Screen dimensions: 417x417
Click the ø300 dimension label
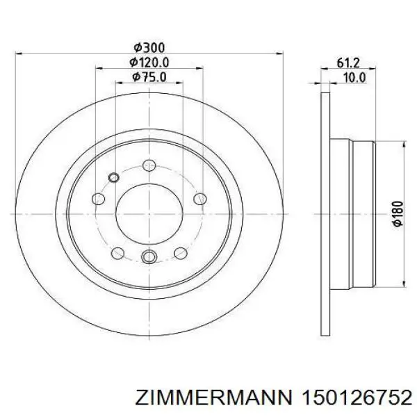coord(149,47)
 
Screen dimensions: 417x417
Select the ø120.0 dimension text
coord(149,63)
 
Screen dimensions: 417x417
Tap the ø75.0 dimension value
coord(149,77)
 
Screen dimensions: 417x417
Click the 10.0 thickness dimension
coord(354,77)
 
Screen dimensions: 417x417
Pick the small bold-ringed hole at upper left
coord(115,177)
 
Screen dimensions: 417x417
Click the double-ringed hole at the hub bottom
coord(148,258)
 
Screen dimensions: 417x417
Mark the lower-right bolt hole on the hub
coord(180,252)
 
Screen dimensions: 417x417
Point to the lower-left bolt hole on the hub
coord(117,252)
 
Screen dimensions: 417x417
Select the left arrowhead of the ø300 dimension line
coord(19,54)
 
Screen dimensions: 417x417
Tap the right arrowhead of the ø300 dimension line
coord(279,54)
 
